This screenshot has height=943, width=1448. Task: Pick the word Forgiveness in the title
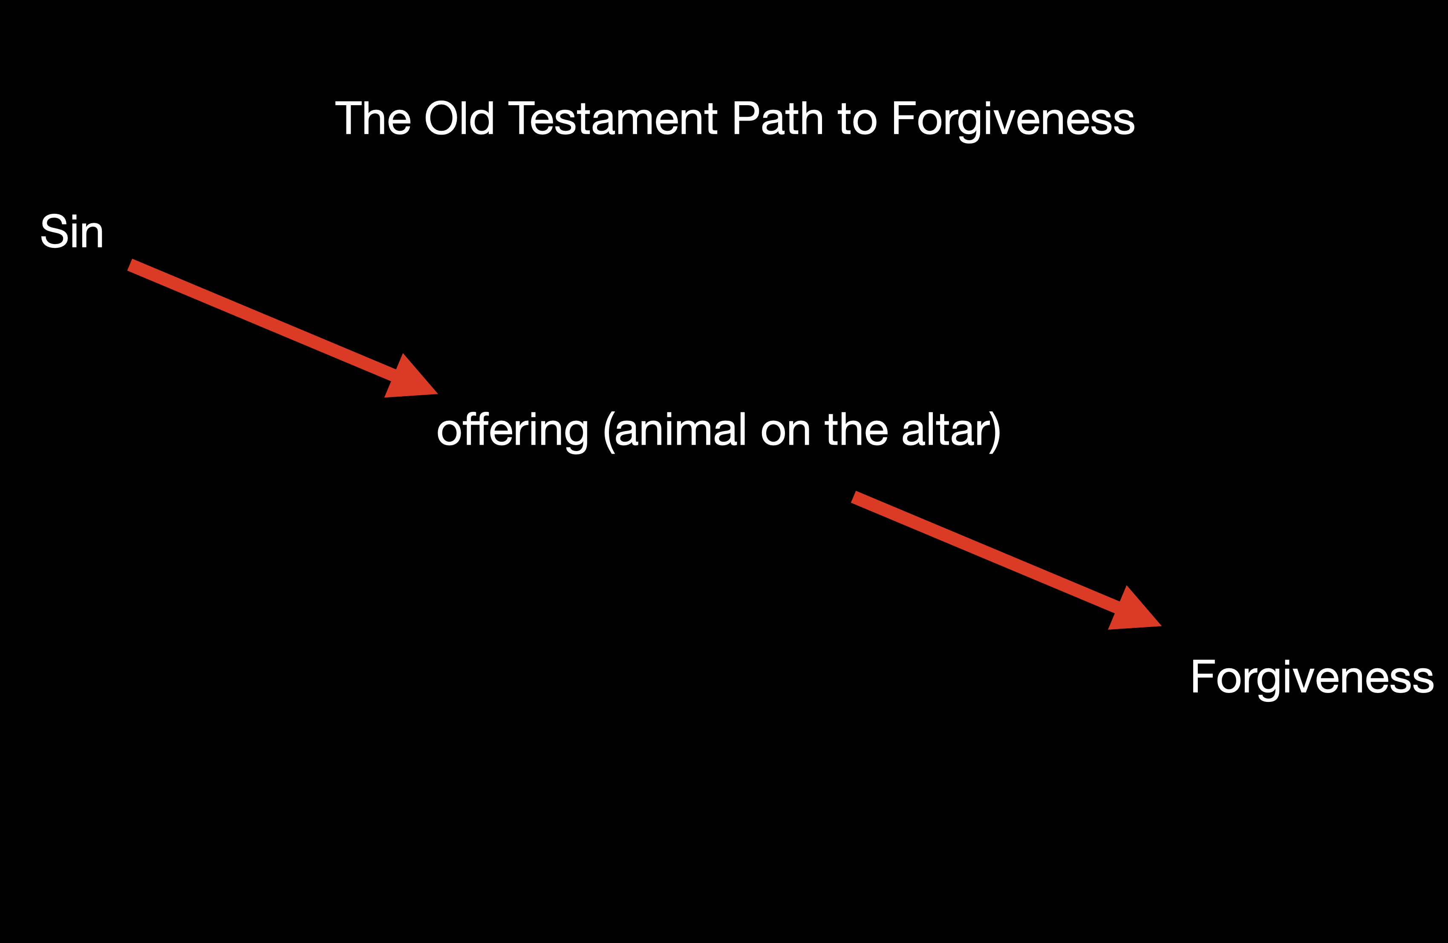tap(1013, 121)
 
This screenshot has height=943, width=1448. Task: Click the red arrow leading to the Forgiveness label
tap(1007, 561)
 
